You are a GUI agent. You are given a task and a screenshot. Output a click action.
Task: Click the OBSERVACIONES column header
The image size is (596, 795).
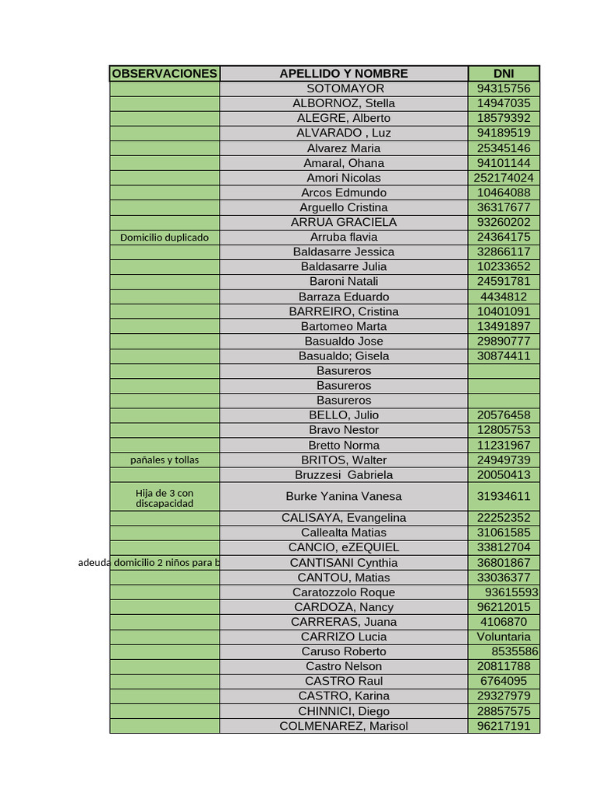165,74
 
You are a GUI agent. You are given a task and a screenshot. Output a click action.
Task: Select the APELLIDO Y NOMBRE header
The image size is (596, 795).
344,74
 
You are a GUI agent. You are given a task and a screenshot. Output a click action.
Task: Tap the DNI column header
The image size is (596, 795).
504,74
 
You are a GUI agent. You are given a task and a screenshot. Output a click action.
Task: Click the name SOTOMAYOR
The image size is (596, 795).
344,89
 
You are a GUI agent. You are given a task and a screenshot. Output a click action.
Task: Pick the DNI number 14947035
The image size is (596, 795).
504,103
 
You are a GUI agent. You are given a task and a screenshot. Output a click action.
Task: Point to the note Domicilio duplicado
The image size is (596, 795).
165,238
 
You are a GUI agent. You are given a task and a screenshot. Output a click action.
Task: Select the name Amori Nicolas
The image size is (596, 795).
344,178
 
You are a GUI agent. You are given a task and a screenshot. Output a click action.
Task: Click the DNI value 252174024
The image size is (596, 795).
504,178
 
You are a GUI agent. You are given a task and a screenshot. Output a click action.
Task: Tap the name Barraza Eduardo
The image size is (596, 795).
344,297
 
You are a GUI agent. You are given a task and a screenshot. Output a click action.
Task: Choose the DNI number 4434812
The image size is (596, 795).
504,297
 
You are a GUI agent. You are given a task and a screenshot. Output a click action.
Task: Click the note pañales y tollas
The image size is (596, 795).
165,460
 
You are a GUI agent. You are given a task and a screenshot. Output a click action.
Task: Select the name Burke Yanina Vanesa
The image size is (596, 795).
344,496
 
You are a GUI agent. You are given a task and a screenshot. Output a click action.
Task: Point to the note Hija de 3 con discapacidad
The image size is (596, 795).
165,498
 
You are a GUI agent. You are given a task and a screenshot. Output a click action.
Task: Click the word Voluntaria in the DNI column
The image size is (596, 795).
504,637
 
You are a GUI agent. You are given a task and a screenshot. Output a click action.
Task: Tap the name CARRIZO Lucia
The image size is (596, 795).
344,637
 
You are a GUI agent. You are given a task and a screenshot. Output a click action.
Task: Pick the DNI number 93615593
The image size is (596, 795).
511,592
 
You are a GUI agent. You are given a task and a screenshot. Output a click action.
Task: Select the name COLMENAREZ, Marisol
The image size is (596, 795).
344,726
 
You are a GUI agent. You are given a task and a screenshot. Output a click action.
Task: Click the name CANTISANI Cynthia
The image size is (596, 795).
344,563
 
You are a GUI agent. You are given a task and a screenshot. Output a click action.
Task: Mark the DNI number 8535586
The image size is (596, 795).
515,651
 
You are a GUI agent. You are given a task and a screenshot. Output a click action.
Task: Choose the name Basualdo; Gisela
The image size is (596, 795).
344,356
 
